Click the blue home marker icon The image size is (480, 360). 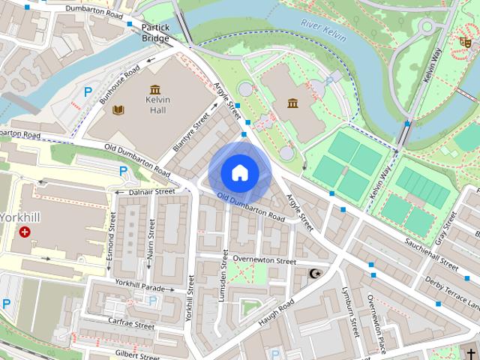240,172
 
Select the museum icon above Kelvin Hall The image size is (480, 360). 155,89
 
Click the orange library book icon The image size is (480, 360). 118,110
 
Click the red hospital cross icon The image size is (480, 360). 26,232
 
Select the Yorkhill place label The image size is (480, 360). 23,218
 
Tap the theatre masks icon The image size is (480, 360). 464,43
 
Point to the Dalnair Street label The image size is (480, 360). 151,192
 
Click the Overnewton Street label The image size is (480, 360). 264,260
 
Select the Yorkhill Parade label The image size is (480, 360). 140,285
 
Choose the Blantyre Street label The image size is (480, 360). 190,131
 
